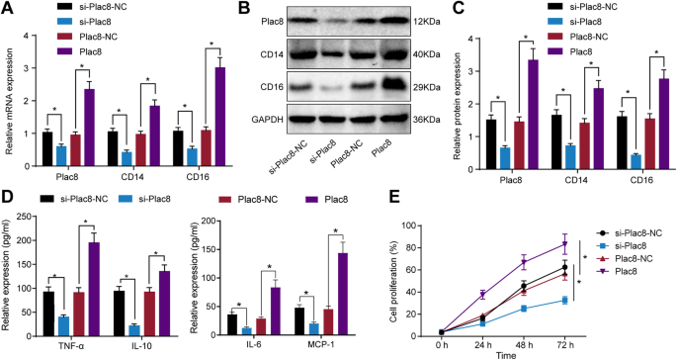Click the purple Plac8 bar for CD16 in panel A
[x=220, y=103]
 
